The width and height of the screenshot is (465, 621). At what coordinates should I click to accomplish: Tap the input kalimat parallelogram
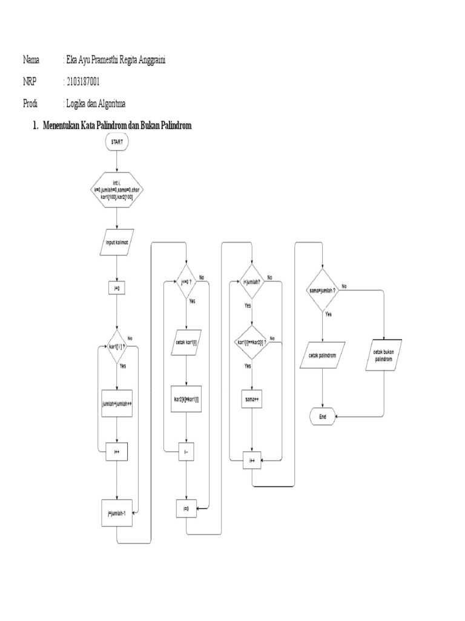pos(117,242)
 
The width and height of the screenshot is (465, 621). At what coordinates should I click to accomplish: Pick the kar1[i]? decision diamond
pos(117,347)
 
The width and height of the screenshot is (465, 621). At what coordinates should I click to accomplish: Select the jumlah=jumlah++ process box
pos(117,403)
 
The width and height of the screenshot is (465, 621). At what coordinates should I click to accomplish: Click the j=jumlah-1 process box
pos(117,513)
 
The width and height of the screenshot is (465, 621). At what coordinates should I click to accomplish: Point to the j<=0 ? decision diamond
pos(186,281)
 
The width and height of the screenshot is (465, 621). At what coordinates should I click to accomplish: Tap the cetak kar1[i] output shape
pos(186,342)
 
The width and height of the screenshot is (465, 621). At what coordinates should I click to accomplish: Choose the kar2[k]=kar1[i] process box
pos(186,399)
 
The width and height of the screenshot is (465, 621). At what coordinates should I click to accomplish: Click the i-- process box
pos(186,452)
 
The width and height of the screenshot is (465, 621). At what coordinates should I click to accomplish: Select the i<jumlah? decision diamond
pos(252,281)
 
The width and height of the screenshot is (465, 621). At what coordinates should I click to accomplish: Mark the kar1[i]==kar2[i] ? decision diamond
pos(252,343)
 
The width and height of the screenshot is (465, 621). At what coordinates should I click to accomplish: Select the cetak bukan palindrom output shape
pos(384,355)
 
